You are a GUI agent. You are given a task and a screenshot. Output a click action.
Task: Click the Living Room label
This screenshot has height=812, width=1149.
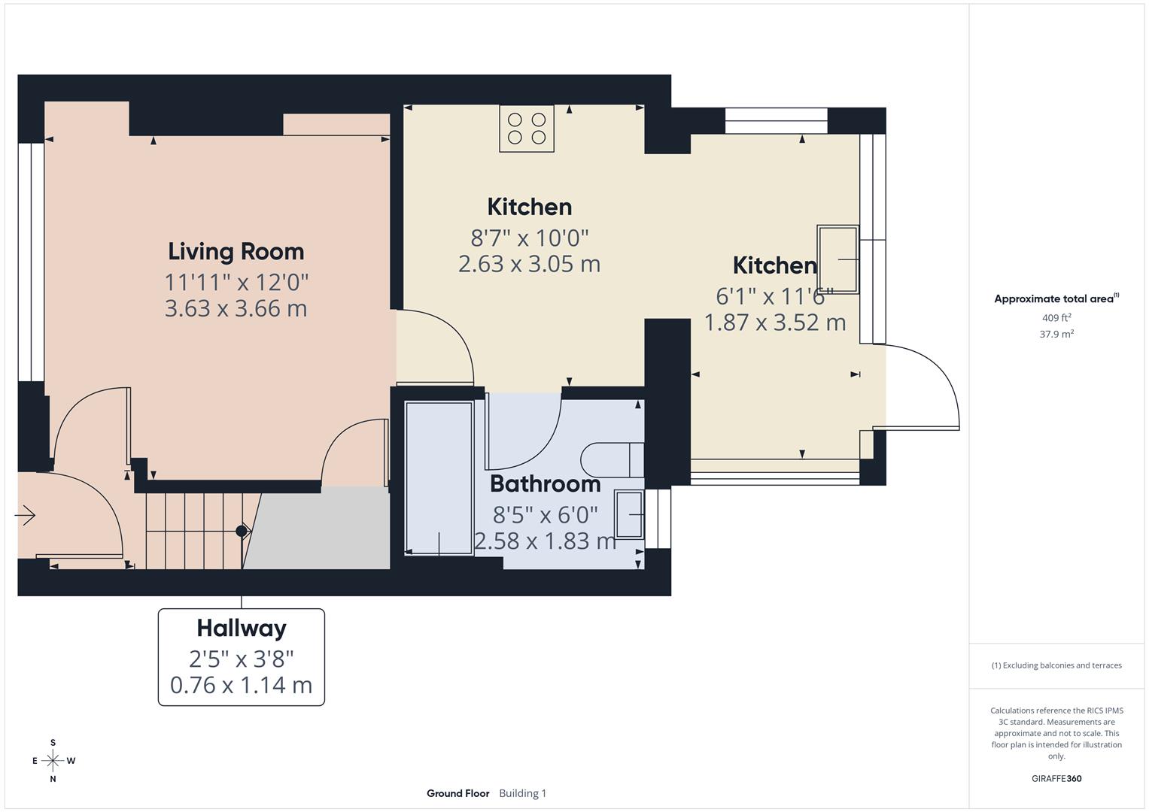(236, 252)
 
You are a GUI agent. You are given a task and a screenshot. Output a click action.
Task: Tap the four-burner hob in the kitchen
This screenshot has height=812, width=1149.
(527, 128)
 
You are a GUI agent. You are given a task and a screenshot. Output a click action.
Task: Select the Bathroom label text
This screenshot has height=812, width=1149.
(545, 484)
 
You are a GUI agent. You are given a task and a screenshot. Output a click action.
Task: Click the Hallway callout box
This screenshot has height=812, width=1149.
(242, 656)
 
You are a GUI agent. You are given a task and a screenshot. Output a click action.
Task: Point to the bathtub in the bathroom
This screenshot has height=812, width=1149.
(439, 478)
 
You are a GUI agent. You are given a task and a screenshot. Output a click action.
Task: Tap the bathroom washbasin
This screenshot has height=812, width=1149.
(629, 514)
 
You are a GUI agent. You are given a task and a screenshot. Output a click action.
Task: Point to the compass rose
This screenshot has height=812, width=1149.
(53, 761)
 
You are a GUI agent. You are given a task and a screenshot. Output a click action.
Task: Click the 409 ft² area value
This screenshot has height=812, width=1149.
(1056, 318)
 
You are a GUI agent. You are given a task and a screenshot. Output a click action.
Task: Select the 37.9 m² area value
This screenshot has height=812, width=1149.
(1056, 334)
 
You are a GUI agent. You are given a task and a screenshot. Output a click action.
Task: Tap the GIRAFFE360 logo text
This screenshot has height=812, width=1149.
(1056, 779)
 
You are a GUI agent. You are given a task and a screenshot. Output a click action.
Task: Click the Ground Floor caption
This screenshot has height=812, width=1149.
(457, 793)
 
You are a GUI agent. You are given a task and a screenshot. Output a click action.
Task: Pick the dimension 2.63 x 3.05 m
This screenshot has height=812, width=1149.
(529, 264)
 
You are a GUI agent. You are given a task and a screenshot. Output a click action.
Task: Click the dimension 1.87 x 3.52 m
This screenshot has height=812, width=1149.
(774, 323)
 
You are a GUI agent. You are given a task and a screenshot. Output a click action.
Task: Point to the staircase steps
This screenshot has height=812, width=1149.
(194, 531)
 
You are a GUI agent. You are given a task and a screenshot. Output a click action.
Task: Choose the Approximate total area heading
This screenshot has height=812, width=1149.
(1056, 298)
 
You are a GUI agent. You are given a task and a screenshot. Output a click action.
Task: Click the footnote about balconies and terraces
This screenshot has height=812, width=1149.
(1056, 665)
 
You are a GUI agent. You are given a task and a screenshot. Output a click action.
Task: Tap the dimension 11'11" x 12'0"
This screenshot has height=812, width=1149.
(236, 283)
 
